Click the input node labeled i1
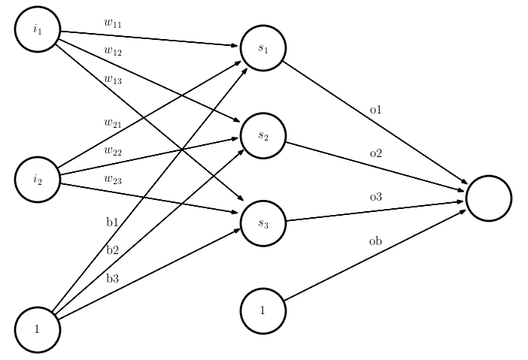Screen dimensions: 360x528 (x=38, y=29)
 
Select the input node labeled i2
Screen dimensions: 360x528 (x=38, y=179)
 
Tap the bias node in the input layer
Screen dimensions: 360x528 (x=38, y=329)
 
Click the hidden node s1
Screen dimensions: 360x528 (x=263, y=48)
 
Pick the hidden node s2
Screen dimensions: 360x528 (x=263, y=135)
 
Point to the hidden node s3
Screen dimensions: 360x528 (x=263, y=223)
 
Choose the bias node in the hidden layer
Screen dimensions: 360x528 (x=263, y=310)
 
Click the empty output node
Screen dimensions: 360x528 (x=489, y=198)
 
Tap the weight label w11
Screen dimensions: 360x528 (x=113, y=23)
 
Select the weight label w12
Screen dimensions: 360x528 (x=113, y=51)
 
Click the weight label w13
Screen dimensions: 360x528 (x=113, y=79)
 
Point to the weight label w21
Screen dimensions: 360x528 (x=113, y=122)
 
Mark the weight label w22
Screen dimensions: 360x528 (x=113, y=150)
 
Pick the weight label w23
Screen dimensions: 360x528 (x=113, y=178)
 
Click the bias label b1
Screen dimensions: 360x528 (x=113, y=222)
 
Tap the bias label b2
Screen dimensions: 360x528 (x=113, y=250)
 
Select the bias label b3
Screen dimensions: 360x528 (x=113, y=278)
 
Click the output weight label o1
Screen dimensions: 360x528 (x=376, y=110)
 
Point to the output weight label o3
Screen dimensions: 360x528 (x=376, y=197)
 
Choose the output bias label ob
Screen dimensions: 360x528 (x=376, y=241)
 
